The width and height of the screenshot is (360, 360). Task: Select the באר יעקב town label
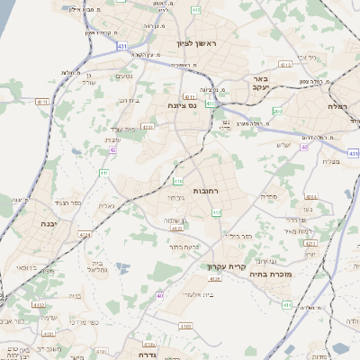pyautogui.click(x=262, y=85)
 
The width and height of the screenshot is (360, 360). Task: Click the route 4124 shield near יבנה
pyautogui.click(x=85, y=233)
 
